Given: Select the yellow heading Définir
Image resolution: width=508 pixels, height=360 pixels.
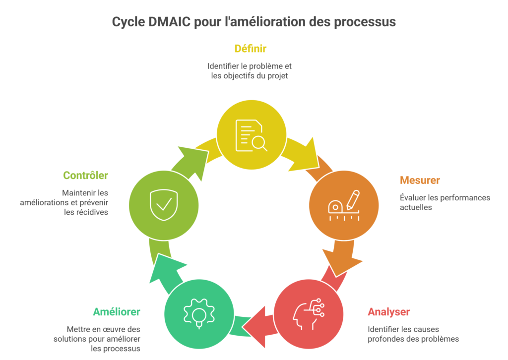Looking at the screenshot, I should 250,49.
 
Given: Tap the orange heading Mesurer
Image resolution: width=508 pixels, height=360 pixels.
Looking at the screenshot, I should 420,180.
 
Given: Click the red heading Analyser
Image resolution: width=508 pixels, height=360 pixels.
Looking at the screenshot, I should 388,312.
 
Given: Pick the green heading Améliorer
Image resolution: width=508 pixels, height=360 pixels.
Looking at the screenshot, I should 117,312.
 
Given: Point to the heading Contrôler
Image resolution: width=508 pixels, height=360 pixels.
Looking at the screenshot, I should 85,176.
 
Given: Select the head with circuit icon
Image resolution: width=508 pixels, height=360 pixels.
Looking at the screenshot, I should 308,314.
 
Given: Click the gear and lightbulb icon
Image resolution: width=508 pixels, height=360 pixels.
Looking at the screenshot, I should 198,314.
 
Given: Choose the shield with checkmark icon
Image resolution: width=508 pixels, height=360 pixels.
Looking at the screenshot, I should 164,205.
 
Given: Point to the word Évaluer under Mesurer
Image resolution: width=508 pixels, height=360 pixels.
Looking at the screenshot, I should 413,198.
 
